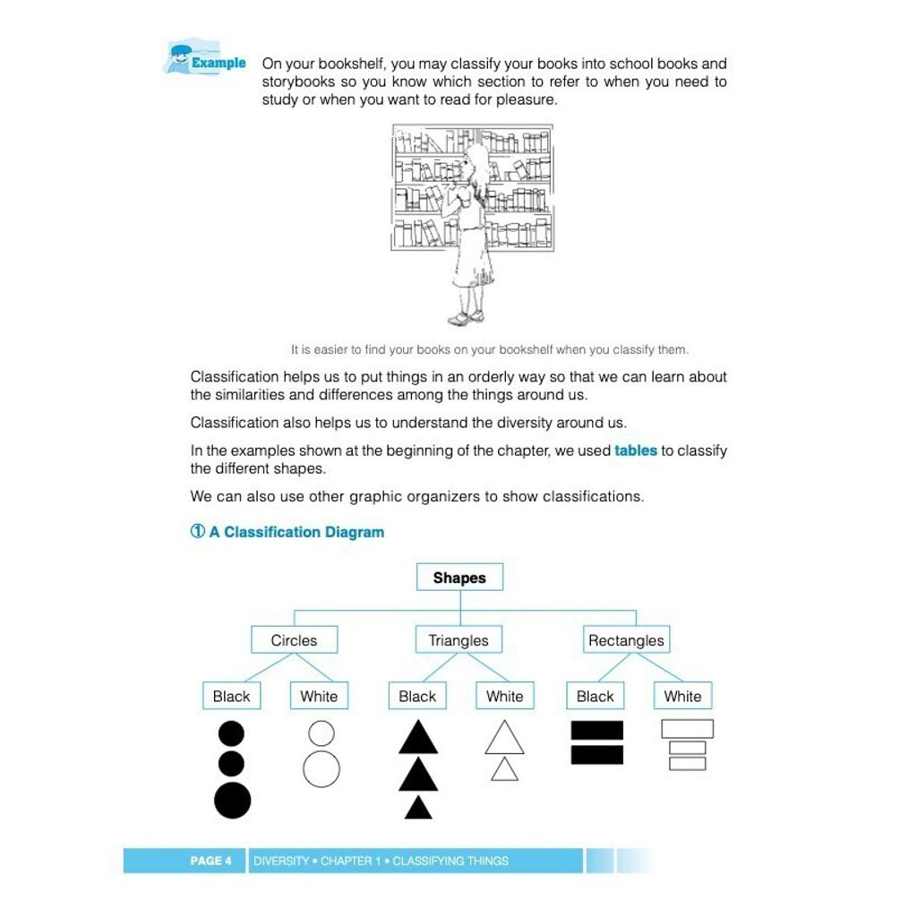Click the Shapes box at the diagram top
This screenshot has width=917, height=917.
(459, 578)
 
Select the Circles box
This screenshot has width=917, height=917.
(294, 640)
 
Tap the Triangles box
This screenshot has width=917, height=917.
(458, 640)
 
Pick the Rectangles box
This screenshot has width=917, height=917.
(626, 640)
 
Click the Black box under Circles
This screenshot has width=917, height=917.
(231, 696)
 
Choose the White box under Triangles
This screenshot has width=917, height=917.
(504, 696)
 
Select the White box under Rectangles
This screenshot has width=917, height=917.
(682, 696)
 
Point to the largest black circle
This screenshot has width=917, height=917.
(232, 800)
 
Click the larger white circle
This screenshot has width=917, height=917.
(321, 769)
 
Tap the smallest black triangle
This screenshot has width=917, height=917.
(418, 809)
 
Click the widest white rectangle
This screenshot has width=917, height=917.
(687, 729)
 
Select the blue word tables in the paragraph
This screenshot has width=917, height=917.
(636, 450)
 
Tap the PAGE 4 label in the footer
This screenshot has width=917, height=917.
(210, 861)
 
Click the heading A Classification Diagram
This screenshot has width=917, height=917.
(296, 532)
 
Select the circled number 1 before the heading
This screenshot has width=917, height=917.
(198, 531)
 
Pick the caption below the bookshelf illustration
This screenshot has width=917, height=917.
(489, 349)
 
